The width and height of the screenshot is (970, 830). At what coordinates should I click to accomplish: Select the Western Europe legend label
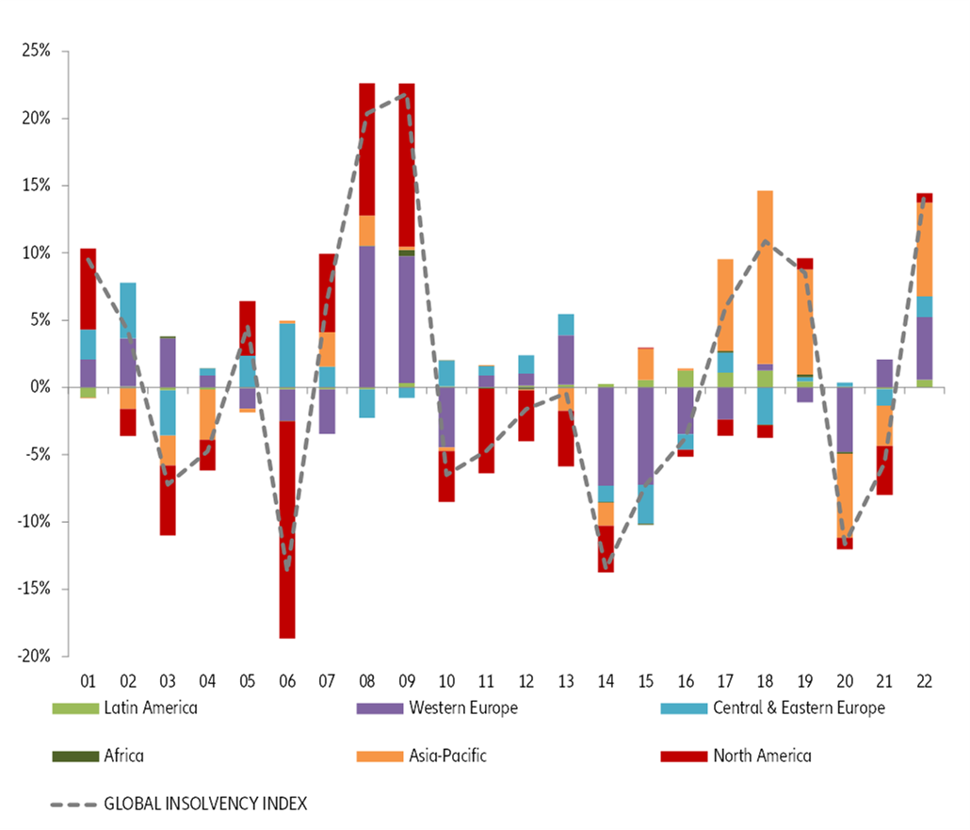[462, 708]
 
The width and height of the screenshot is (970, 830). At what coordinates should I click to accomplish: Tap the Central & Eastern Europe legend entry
[799, 708]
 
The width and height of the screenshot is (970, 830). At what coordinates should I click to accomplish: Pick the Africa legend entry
[123, 755]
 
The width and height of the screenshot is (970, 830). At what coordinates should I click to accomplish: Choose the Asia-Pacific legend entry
[447, 755]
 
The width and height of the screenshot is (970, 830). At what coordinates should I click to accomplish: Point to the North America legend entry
[762, 755]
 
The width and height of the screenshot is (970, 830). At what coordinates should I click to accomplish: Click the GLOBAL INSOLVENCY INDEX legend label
[205, 804]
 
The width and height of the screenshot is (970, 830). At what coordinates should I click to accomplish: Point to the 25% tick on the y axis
[37, 51]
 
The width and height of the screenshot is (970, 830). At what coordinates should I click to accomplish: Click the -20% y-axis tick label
[35, 657]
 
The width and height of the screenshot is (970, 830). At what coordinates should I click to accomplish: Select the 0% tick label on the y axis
[41, 387]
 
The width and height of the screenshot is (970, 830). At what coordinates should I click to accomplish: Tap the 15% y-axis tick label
[37, 186]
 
